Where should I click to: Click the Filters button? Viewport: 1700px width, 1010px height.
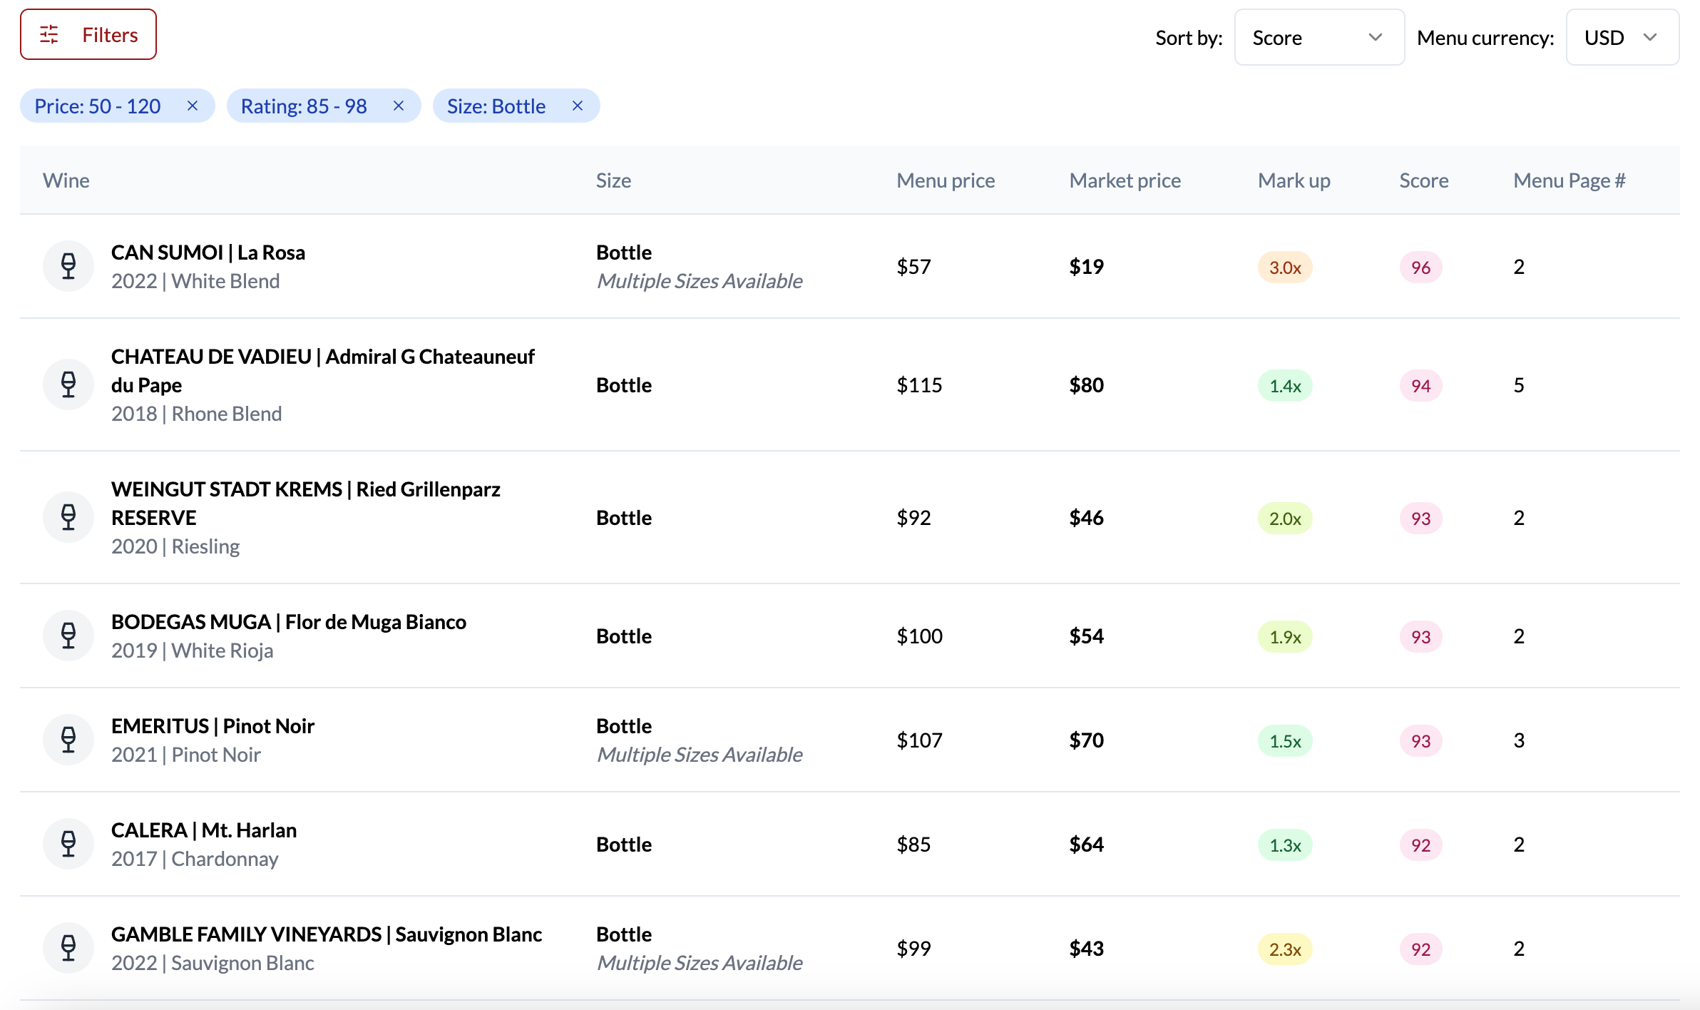point(88,35)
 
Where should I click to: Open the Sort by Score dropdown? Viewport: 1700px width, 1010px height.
point(1318,38)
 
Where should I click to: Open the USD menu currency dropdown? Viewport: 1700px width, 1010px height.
point(1622,38)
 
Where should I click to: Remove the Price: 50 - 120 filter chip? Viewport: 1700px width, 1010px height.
point(193,106)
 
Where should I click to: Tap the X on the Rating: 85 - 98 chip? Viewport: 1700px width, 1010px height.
point(399,106)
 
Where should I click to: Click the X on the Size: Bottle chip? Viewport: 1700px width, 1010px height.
point(578,106)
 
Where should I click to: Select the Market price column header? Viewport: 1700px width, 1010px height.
point(1125,180)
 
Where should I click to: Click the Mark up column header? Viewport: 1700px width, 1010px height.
point(1294,180)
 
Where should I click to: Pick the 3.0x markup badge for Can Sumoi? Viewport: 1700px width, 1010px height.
point(1285,267)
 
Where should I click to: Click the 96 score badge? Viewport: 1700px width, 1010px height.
point(1420,267)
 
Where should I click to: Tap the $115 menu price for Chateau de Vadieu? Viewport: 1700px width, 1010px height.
point(919,385)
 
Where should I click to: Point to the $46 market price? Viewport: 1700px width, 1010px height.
point(1086,518)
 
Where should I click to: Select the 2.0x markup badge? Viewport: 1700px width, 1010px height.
point(1285,519)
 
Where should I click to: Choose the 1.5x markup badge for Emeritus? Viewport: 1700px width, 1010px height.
point(1285,741)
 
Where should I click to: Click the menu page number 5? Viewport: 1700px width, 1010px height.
point(1519,385)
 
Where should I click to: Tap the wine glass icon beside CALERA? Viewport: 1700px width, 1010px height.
point(68,844)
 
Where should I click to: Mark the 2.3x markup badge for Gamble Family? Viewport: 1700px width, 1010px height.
point(1285,949)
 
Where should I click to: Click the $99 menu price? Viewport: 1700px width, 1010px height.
point(913,949)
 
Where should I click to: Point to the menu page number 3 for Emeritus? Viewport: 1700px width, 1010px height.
point(1519,740)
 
